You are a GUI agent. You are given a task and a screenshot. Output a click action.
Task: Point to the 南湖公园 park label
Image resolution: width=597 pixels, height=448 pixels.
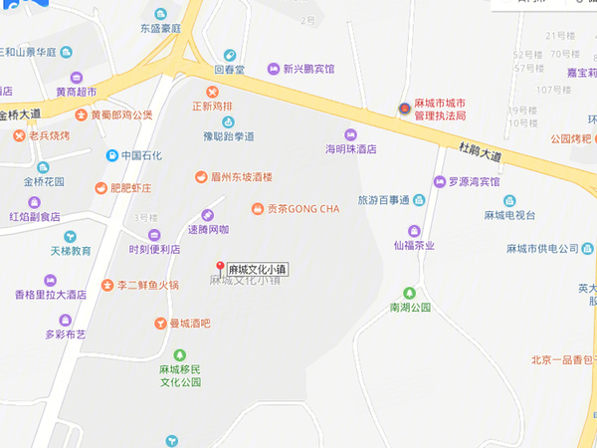[410, 308]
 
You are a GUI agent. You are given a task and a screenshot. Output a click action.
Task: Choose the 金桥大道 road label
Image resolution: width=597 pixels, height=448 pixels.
[20, 114]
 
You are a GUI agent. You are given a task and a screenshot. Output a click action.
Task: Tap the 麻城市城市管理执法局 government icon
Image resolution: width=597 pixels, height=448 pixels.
[404, 109]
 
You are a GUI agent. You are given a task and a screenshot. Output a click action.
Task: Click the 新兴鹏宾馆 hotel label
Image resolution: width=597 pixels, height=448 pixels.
[308, 70]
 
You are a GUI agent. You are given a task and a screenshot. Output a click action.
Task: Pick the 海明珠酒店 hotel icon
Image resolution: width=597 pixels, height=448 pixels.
[349, 134]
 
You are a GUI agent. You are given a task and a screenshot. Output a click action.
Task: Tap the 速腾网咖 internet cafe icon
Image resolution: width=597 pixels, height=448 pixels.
[208, 215]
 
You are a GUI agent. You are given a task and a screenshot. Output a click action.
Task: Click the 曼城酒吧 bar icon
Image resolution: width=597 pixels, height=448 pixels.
[159, 324]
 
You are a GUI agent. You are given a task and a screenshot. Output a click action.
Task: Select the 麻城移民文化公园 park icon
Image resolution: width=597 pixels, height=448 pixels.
[180, 354]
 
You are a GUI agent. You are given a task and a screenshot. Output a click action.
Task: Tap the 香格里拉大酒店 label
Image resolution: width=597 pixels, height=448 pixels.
[50, 295]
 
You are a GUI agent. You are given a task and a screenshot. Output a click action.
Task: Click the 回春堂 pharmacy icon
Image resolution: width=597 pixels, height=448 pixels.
[230, 56]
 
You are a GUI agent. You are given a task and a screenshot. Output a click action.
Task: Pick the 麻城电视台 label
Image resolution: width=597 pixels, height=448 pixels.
[509, 216]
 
